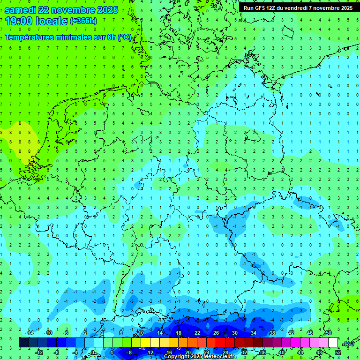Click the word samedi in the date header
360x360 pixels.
21,9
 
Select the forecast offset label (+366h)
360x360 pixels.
83,21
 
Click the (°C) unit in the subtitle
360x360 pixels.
125,37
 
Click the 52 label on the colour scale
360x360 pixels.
338,352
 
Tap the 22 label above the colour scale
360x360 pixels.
197,333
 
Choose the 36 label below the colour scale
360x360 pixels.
263,352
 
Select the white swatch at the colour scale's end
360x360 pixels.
333,343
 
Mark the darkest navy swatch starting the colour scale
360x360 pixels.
24,343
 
